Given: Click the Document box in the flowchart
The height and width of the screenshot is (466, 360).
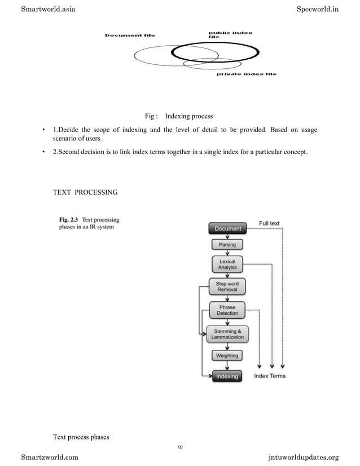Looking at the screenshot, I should [227, 228].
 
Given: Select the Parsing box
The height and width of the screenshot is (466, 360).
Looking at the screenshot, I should [227, 245].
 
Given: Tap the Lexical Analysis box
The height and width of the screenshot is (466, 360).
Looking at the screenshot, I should [227, 265].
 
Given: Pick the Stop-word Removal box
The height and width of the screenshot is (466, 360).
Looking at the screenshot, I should [227, 286].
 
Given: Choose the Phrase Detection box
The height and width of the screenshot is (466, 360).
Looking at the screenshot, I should [227, 310].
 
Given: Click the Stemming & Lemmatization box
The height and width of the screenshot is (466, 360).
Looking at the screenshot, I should [227, 334].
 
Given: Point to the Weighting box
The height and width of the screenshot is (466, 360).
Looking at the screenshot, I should [227, 356].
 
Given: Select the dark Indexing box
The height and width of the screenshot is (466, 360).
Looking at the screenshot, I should [227, 376].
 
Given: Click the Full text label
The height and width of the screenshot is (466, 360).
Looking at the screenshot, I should [269, 223].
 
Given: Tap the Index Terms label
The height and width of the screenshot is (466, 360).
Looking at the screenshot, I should [270, 376].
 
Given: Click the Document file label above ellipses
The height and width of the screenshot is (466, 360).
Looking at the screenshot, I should [130, 36].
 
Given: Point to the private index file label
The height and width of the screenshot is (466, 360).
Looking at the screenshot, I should [247, 74].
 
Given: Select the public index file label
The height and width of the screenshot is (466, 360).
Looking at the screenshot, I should [230, 34].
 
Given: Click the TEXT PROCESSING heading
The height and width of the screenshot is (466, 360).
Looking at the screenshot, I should [85, 192].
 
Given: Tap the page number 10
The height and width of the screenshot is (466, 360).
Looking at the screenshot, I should [179, 447].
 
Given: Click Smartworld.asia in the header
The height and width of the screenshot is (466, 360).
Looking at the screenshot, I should [48, 9].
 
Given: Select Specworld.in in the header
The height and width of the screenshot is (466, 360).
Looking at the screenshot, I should [317, 9].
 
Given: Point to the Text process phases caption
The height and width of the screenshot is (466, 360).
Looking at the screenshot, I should [81, 437].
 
